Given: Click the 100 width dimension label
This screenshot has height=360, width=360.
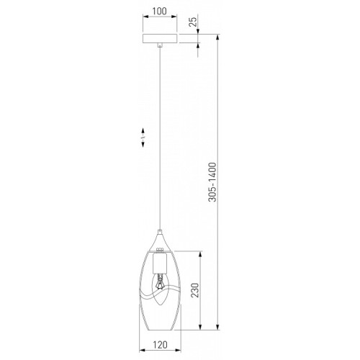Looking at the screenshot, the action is coord(160,11).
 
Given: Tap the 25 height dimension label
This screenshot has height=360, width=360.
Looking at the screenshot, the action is coord(193,22).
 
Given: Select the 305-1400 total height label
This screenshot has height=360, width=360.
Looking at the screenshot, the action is coord(212,182).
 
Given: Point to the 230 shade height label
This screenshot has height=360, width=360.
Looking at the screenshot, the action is coord(195,290).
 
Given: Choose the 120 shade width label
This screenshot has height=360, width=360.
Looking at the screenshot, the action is coord(160,345).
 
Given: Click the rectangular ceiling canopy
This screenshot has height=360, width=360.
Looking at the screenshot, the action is coord(160,39).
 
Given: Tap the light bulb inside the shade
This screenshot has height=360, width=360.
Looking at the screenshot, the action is coord(160,289).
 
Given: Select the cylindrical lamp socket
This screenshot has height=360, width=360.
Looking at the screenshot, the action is coord(160,264).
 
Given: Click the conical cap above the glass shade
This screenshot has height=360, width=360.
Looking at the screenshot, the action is coord(160,240).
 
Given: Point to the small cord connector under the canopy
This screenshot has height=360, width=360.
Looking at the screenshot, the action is coord(160,45).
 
